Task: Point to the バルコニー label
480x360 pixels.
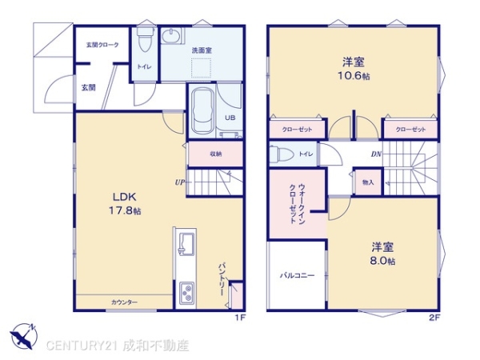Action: pos(297,275)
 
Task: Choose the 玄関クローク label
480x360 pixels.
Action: pos(102,45)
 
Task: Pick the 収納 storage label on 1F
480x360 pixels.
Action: pos(216,153)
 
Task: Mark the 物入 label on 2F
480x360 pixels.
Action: pos(368,182)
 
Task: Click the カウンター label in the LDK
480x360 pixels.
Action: pos(124,302)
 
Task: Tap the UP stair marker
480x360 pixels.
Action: pos(180,182)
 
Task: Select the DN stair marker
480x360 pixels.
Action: pos(376,153)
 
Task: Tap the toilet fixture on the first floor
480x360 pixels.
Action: pos(145,36)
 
